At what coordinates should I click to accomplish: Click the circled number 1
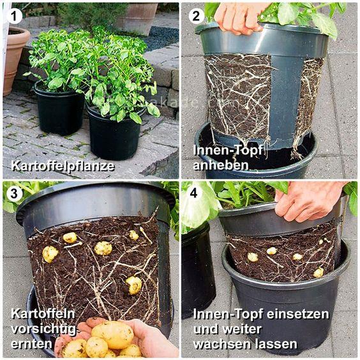coord(14,17)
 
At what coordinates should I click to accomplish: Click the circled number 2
coord(196,17)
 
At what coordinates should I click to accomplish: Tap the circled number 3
coord(14,193)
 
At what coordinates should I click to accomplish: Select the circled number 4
coord(194,193)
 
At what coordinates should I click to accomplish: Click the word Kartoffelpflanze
coord(63,165)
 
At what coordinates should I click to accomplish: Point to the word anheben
coord(220,165)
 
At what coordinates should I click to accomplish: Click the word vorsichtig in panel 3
coord(43,330)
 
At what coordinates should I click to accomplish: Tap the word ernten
coord(32,344)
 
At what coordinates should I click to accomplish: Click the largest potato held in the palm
coord(112,334)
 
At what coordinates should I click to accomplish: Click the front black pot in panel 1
coord(114,133)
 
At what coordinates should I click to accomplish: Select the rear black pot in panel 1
coord(59,109)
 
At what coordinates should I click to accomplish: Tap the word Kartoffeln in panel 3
coord(43,314)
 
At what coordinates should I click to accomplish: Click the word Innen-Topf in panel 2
coord(228,151)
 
